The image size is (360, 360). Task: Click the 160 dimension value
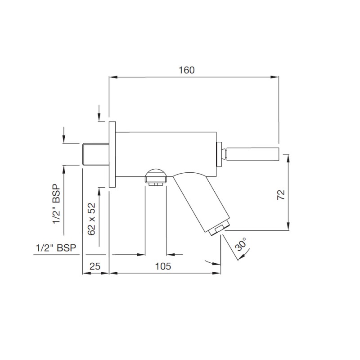pyautogui.click(x=186, y=70)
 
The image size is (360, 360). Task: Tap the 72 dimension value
pyautogui.click(x=281, y=195)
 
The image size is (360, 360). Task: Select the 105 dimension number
pyautogui.click(x=163, y=266)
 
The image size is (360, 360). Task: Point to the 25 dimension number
pyautogui.click(x=95, y=266)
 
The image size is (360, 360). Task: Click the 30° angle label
pyautogui.click(x=241, y=244)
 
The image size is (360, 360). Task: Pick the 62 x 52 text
pyautogui.click(x=91, y=219)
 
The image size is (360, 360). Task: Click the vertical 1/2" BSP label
pyautogui.click(x=57, y=204)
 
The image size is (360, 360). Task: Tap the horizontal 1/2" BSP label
pyautogui.click(x=56, y=248)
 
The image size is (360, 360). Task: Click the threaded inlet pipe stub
pyautogui.click(x=95, y=154)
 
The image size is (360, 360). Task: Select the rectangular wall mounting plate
pyautogui.click(x=112, y=154)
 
